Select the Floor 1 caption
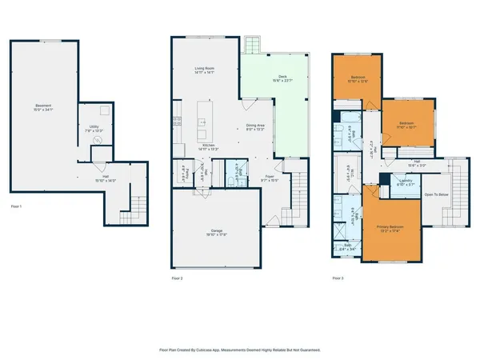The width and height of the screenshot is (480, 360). tap(16, 207)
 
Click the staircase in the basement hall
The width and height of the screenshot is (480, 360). tap(129, 214)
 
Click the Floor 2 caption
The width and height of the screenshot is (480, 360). tap(178, 278)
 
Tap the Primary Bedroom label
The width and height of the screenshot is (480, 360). tap(393, 229)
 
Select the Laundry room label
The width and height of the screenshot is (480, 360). tap(406, 182)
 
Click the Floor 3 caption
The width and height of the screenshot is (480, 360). tap(339, 278)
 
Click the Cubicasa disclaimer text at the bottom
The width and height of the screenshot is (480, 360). tap(240, 349)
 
